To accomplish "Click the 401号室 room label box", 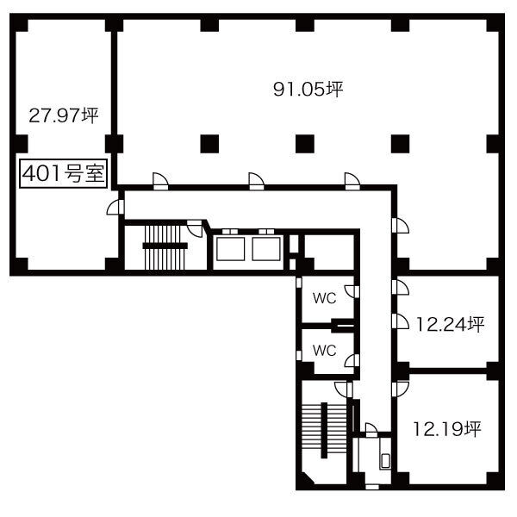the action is [x=63, y=173].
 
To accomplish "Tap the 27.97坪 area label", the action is [x=64, y=115].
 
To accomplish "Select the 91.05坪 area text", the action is [x=308, y=89].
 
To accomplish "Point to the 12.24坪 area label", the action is [x=450, y=324].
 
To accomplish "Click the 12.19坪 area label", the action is [x=447, y=429].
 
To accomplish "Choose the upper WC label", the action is [x=325, y=298].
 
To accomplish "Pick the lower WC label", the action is [x=325, y=350].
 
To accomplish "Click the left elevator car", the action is [x=230, y=249].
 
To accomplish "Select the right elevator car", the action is [x=266, y=249].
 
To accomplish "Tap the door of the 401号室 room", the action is [x=115, y=207].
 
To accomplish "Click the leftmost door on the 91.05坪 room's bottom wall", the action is [x=160, y=181].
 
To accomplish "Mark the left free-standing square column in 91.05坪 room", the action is [x=209, y=144].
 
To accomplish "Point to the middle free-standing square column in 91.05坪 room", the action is [x=305, y=144].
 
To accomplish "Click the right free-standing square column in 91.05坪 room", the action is [x=401, y=144].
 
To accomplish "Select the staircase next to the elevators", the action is [x=165, y=246].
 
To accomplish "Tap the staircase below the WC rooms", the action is [x=325, y=430].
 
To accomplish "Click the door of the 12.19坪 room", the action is [x=401, y=389].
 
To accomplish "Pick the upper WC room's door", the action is [x=352, y=292].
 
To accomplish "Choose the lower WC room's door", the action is [x=352, y=361].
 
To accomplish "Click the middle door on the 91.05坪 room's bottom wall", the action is [x=256, y=181].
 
